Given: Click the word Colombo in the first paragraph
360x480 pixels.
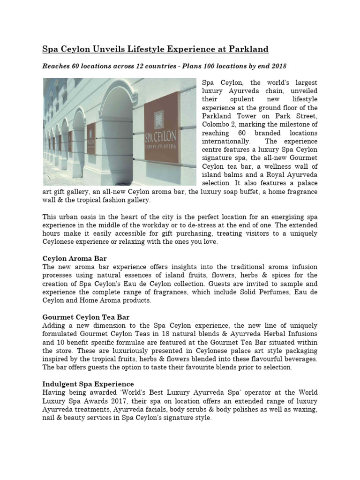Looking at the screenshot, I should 216,124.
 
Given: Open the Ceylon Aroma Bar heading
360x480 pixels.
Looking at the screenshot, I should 75,258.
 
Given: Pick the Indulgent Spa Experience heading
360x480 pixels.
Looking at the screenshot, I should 88,384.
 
